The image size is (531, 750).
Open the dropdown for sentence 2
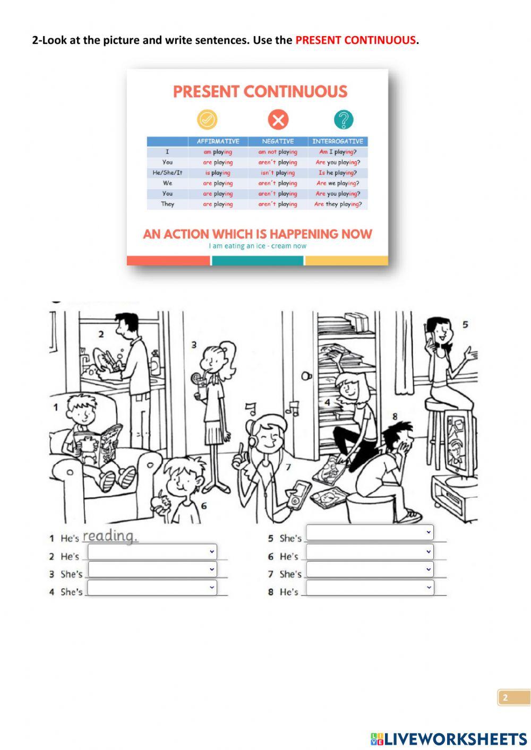(x=152, y=551)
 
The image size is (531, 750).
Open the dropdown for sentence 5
(x=370, y=532)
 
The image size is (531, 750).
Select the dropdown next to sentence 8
(x=370, y=588)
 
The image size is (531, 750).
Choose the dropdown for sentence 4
(x=152, y=588)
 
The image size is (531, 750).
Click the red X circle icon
(x=278, y=119)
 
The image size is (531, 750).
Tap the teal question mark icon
(x=344, y=119)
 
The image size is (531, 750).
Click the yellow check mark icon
(x=207, y=119)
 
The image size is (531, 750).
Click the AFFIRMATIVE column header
(x=218, y=141)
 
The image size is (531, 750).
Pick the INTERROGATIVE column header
(x=338, y=141)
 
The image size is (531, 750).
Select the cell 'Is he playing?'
(x=338, y=173)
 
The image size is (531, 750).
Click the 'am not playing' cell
(x=278, y=152)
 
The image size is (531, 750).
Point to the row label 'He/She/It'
(x=167, y=173)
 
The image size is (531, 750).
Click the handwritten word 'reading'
(x=110, y=536)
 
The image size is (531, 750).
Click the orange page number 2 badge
(x=513, y=697)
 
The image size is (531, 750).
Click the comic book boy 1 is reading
(x=98, y=444)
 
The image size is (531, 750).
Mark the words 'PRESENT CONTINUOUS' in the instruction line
(x=355, y=40)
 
